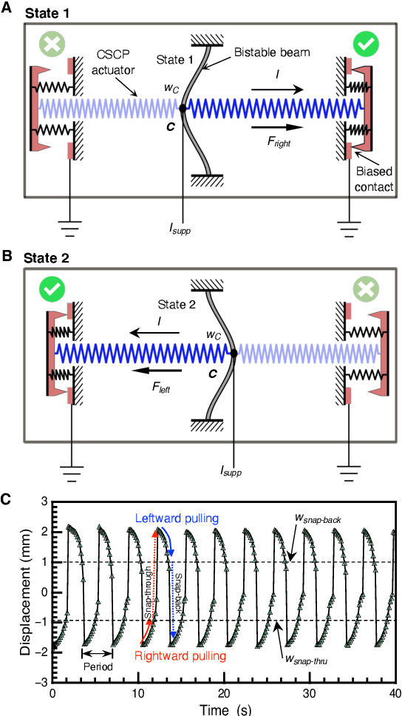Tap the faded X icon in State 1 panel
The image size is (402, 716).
coord(52,46)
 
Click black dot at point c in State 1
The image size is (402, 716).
coord(182,108)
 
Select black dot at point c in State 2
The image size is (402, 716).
coord(234,354)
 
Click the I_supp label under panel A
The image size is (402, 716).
coord(180,230)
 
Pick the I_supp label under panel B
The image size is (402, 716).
coord(233,470)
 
